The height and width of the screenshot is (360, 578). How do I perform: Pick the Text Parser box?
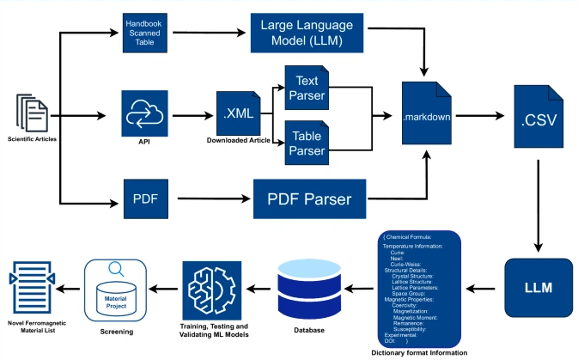tap(307, 87)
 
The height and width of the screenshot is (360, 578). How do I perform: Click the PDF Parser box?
tap(311, 198)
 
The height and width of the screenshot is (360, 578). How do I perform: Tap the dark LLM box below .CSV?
tap(538, 284)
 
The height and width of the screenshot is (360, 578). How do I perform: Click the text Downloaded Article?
tap(237, 140)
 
